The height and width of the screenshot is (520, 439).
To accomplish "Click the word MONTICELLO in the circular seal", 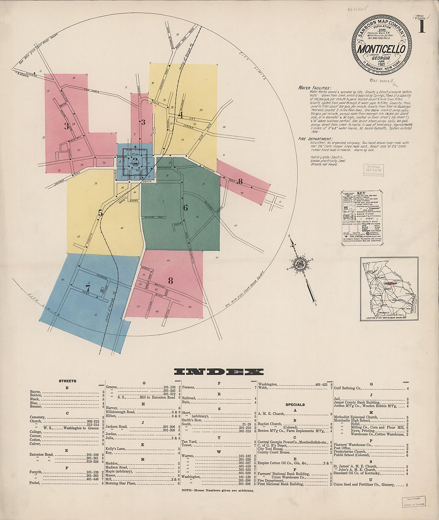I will [381, 49].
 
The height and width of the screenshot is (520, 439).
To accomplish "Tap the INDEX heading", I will [219, 372].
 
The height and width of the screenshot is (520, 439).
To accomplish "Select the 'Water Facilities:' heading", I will [314, 88].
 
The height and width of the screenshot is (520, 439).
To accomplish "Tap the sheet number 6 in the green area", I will [185, 208].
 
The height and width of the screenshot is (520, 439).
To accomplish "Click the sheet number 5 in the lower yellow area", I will [100, 213].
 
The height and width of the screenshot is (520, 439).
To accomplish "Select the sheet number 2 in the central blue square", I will [135, 161].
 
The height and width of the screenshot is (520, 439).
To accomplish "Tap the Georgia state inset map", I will [389, 289].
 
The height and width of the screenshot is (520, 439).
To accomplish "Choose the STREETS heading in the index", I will [67, 381].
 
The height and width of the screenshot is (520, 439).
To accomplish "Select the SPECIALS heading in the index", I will [295, 404].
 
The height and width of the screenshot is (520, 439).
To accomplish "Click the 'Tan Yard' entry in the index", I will [190, 442].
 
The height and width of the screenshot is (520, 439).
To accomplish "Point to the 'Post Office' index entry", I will [345, 448].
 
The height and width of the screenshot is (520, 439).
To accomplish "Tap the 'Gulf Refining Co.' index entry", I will [348, 388].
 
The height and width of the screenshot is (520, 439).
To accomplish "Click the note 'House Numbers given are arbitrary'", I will [218, 490].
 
